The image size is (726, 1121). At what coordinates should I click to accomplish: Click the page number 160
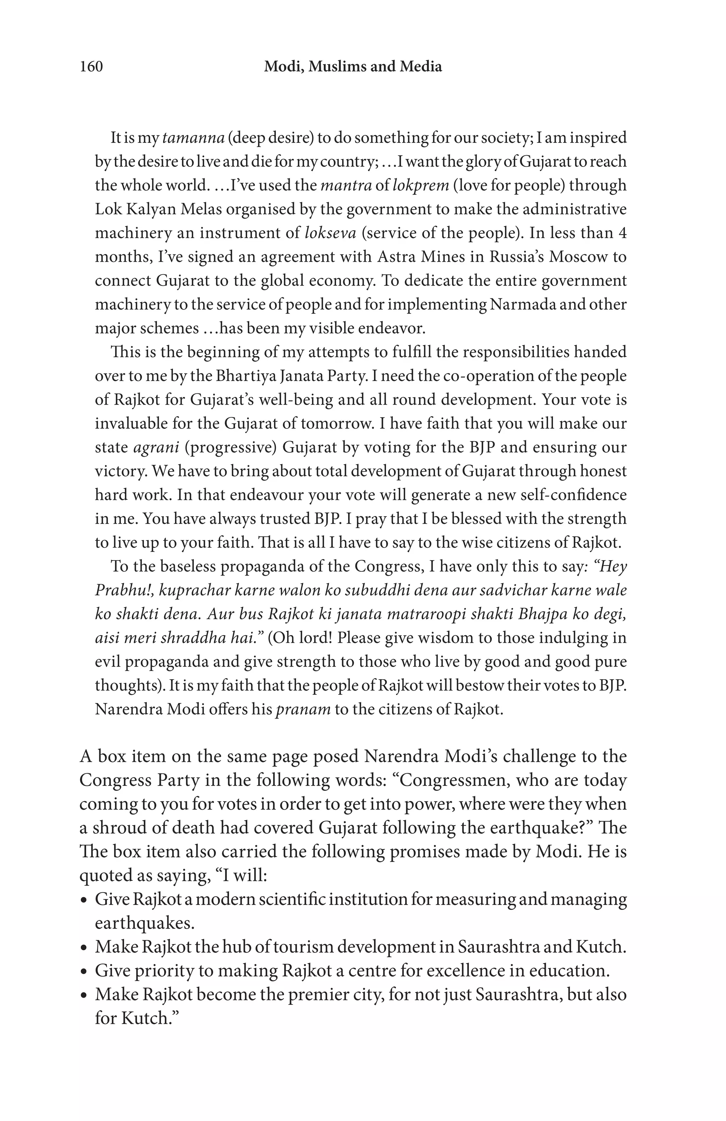click(91, 66)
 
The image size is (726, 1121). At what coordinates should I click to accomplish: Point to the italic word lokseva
click(330, 233)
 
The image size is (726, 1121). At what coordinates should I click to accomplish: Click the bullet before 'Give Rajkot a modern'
click(84, 900)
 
